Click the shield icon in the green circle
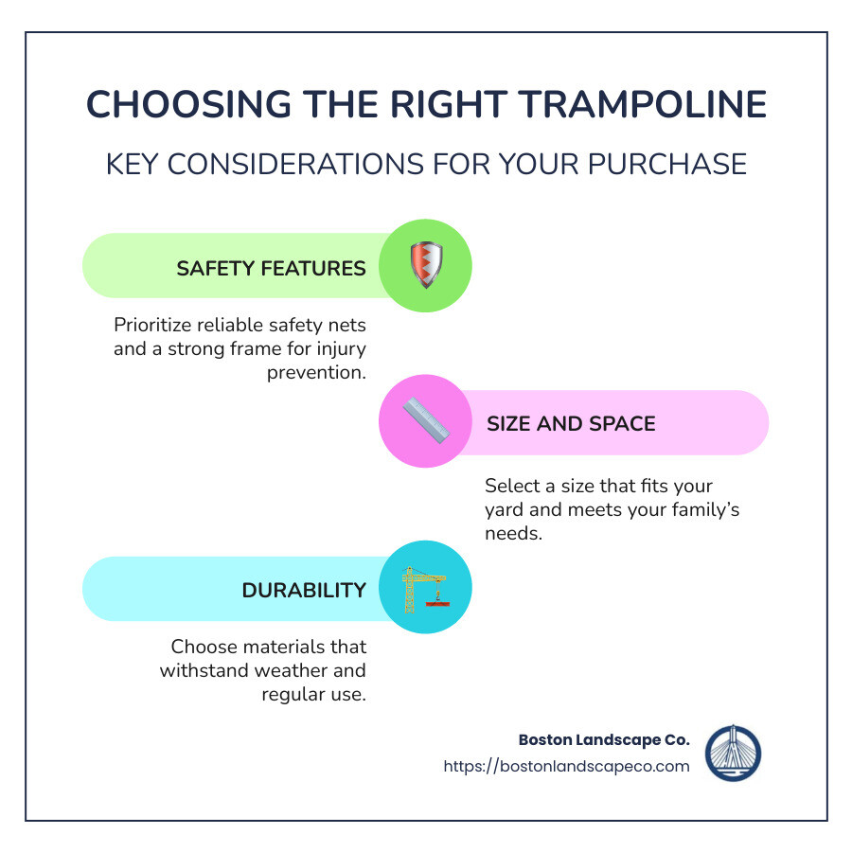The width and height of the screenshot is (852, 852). coord(425,266)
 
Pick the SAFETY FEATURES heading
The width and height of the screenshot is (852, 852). coord(271,268)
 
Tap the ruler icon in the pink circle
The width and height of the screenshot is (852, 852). coord(425,423)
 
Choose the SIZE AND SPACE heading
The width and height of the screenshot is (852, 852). coord(571,423)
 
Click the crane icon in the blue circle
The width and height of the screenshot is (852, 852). coord(425,588)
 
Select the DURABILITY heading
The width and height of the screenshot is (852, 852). coord(304,590)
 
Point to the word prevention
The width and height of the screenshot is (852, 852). coord(316,372)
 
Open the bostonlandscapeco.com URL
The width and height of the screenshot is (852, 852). coord(566,766)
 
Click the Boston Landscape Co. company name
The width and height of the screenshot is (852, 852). coord(604,739)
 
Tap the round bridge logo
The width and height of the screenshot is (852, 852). coord(734,753)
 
